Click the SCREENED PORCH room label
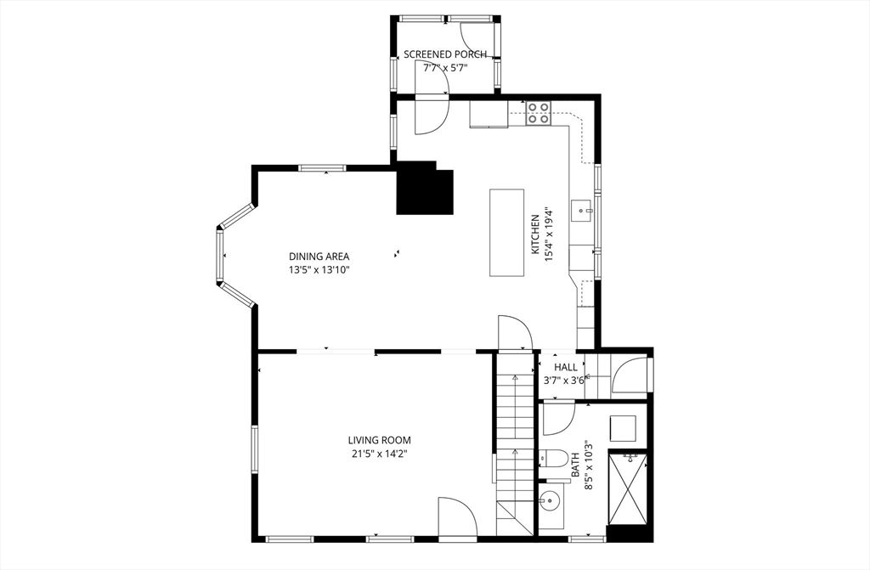(445, 54)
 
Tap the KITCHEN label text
(535, 234)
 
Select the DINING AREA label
(319, 257)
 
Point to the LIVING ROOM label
(379, 440)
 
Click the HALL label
(566, 367)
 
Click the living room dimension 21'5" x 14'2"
(379, 454)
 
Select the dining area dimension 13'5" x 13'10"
(319, 270)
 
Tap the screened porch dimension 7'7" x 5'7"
(445, 67)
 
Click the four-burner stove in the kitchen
(537, 113)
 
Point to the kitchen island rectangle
(507, 232)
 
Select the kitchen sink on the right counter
(582, 209)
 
